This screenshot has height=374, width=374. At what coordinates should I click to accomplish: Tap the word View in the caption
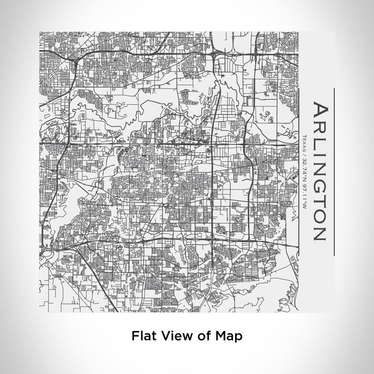click(x=174, y=335)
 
